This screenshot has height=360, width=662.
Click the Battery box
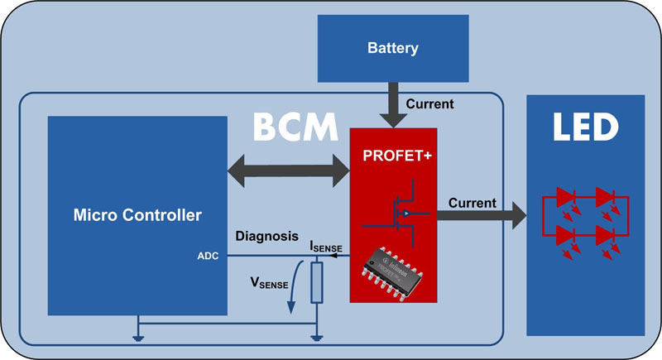tap(392, 47)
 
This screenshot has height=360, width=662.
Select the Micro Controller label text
tap(137, 216)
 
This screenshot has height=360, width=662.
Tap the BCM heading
tap(295, 128)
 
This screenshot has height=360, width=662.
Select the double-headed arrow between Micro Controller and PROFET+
tap(288, 170)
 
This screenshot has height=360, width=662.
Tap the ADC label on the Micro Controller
tap(208, 257)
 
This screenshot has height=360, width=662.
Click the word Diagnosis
tap(266, 235)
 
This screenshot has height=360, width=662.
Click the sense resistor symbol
tap(315, 281)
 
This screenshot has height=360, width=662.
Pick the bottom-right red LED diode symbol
tap(605, 235)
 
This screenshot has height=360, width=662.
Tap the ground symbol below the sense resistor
tap(315, 335)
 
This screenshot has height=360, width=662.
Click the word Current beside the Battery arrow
tap(430, 104)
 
